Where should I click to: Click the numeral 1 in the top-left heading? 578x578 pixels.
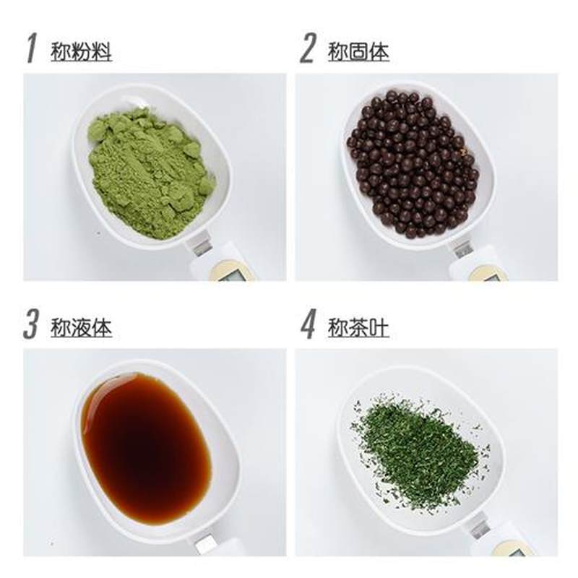coord(31,48)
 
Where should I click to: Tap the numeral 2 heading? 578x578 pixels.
coord(309,48)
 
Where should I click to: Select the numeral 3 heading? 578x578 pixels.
coord(30,324)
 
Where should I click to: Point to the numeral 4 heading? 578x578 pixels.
coord(309,324)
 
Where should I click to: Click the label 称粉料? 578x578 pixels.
coord(81,51)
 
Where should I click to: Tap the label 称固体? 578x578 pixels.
coord(358,51)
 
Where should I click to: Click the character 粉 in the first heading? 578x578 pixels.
coord(81,51)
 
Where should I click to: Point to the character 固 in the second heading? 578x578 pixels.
coord(358,51)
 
